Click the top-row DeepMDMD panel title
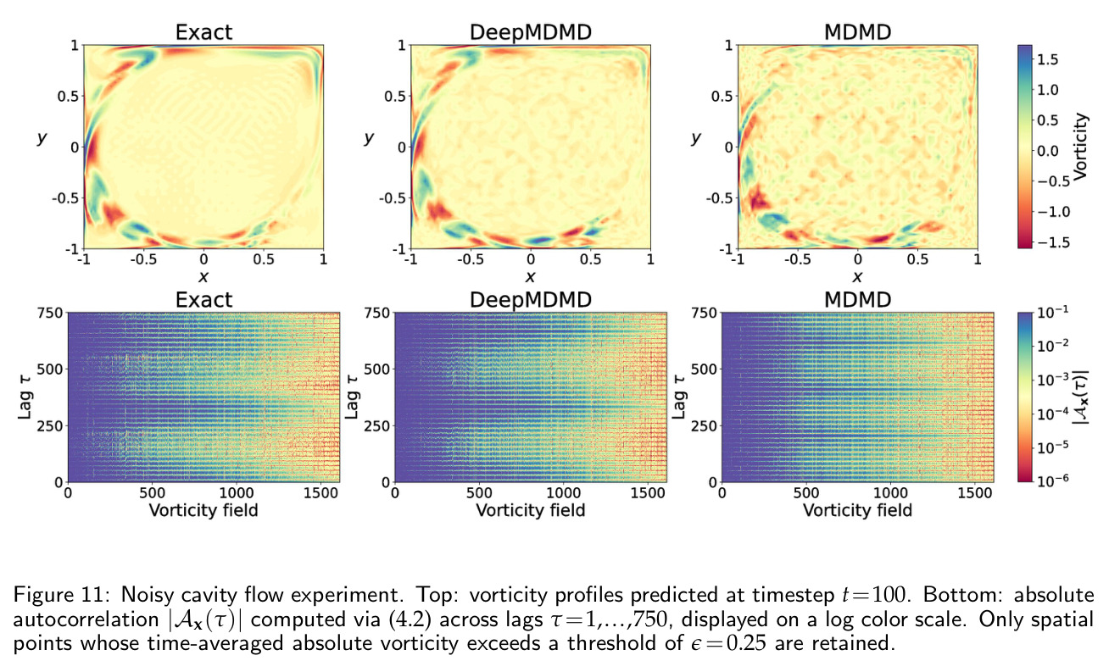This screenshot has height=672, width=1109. coord(530,32)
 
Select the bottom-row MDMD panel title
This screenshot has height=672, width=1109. coord(857,300)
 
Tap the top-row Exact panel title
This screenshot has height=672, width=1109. coord(203,32)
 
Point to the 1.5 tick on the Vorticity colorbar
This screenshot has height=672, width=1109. coord(1048,59)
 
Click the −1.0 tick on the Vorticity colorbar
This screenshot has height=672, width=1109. coord(1054,212)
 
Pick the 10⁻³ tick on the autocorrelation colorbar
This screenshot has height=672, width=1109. coord(1052,379)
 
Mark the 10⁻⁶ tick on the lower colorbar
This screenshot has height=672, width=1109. coord(1052,480)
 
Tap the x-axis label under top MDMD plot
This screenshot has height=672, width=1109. coord(857,276)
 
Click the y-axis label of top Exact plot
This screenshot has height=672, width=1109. coord(42,138)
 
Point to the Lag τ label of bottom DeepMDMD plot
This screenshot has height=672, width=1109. coord(352,397)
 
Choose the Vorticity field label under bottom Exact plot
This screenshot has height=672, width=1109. coord(203,510)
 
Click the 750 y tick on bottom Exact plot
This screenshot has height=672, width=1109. coord(50,313)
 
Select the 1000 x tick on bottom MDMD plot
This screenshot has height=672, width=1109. coord(890,493)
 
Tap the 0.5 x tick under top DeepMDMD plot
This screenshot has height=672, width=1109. coord(591,259)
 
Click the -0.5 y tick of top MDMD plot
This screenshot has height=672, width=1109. coord(718,198)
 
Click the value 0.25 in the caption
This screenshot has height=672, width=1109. coord(748,643)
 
